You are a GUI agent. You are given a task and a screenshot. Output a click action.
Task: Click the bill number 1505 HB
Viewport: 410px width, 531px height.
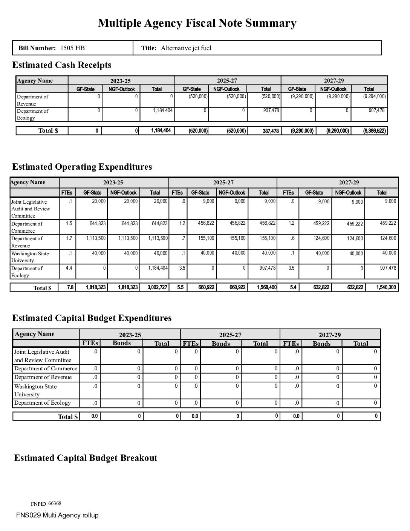[x=72, y=48]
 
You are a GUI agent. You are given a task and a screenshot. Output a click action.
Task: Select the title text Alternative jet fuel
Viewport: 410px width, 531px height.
[x=186, y=48]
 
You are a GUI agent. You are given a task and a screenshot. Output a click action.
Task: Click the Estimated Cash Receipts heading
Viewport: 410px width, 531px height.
[x=62, y=65]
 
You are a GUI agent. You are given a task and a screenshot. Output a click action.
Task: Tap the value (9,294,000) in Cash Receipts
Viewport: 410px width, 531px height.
[x=374, y=96]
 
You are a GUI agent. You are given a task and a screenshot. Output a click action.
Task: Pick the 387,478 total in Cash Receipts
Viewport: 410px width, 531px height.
[x=271, y=131]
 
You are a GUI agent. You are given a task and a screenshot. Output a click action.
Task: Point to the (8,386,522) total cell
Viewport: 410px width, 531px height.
[x=374, y=131]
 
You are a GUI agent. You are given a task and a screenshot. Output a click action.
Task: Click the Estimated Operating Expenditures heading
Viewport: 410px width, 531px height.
[x=82, y=167]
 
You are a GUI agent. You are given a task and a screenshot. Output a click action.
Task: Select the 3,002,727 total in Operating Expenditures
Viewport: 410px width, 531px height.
[x=158, y=287]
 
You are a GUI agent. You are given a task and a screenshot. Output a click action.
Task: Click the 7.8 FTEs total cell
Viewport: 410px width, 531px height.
[x=70, y=287]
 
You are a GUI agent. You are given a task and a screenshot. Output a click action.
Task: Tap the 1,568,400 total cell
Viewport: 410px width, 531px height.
[x=267, y=287]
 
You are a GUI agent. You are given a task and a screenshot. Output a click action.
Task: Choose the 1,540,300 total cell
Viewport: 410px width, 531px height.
[x=386, y=287]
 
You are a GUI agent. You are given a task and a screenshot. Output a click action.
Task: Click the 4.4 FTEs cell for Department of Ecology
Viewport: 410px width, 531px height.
[x=69, y=268]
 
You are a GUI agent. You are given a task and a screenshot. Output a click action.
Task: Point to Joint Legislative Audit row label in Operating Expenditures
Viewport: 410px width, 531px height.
[x=30, y=209]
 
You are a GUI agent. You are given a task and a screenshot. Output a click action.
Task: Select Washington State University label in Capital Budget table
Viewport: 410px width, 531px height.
[x=35, y=390]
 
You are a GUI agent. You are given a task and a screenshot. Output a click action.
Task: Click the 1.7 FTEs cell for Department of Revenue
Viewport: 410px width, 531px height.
[x=69, y=238]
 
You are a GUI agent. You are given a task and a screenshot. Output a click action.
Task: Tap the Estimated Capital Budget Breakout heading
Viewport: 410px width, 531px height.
[x=86, y=458]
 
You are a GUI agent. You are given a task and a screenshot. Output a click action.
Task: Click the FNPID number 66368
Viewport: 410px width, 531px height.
[x=55, y=503]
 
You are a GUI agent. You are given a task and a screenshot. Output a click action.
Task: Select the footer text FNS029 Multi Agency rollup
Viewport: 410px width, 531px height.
[x=57, y=515]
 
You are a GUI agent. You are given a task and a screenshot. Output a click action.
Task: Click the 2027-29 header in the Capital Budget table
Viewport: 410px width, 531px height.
[x=330, y=335]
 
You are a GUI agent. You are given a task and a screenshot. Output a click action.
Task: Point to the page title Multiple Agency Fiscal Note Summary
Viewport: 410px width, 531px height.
[x=197, y=23]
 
